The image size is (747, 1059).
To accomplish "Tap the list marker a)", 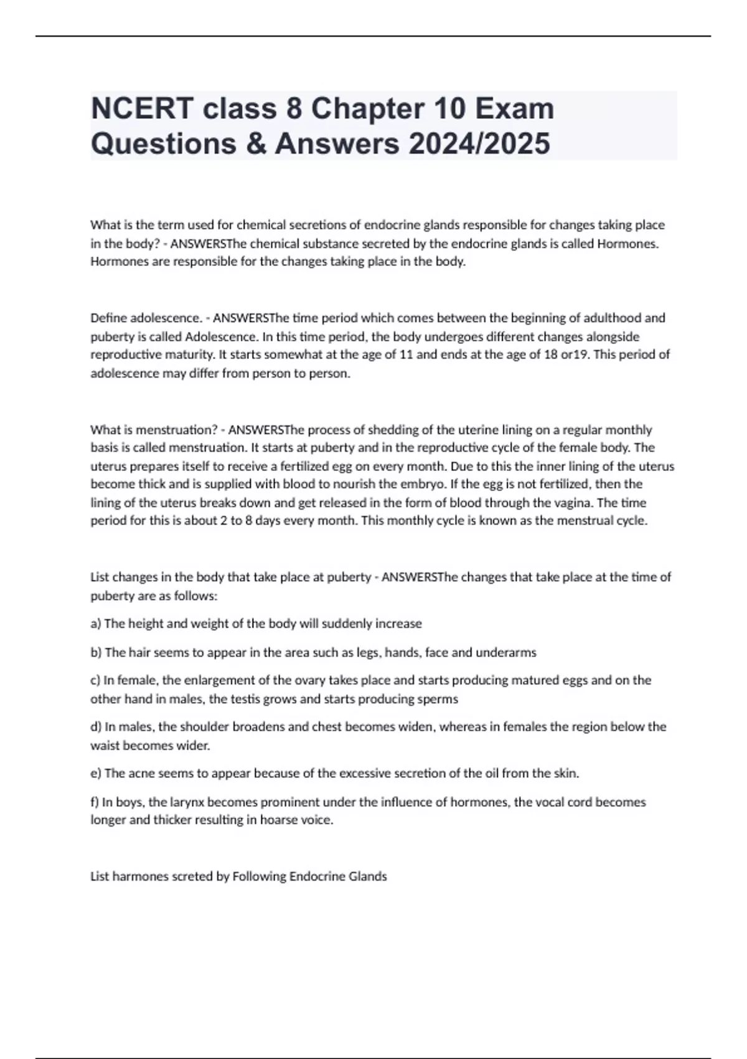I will click(96, 624).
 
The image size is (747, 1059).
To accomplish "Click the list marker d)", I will click(96, 726).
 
